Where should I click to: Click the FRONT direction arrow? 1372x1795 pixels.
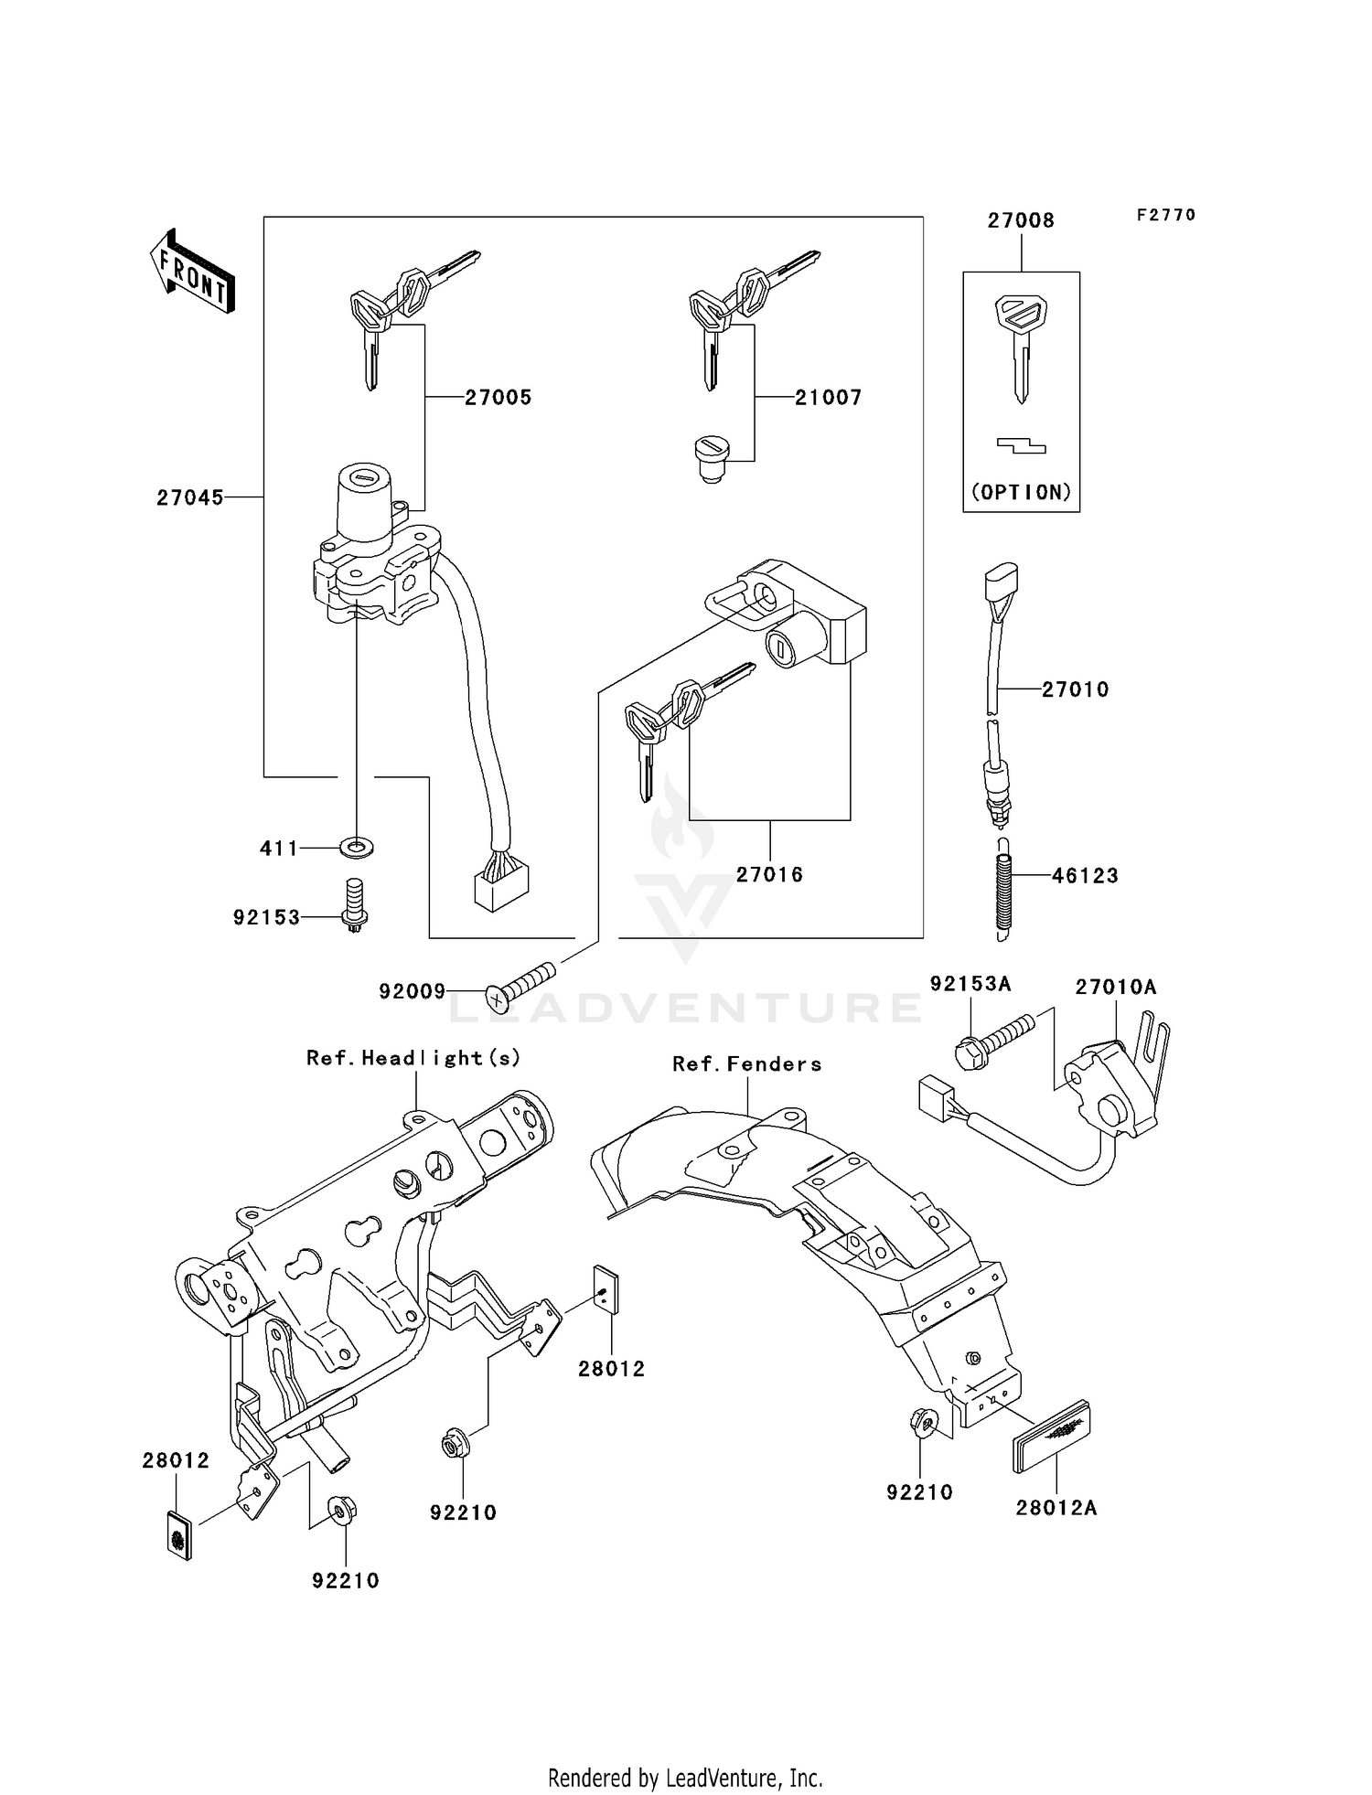pyautogui.click(x=193, y=272)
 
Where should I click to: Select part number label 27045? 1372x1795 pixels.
pyautogui.click(x=189, y=497)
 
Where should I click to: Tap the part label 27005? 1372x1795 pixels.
pyautogui.click(x=498, y=397)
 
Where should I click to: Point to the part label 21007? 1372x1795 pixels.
pyautogui.click(x=828, y=397)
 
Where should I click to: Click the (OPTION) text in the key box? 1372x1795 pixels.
pyautogui.click(x=1021, y=492)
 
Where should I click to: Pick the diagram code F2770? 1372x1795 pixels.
pyautogui.click(x=1166, y=215)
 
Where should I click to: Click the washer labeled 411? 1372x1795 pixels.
pyautogui.click(x=356, y=848)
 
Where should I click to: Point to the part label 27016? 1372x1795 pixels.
pyautogui.click(x=769, y=875)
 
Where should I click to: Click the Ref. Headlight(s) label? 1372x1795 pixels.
pyautogui.click(x=413, y=1058)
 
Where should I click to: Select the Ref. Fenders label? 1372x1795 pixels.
pyautogui.click(x=746, y=1064)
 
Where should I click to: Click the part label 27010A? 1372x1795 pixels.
pyautogui.click(x=1115, y=988)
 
